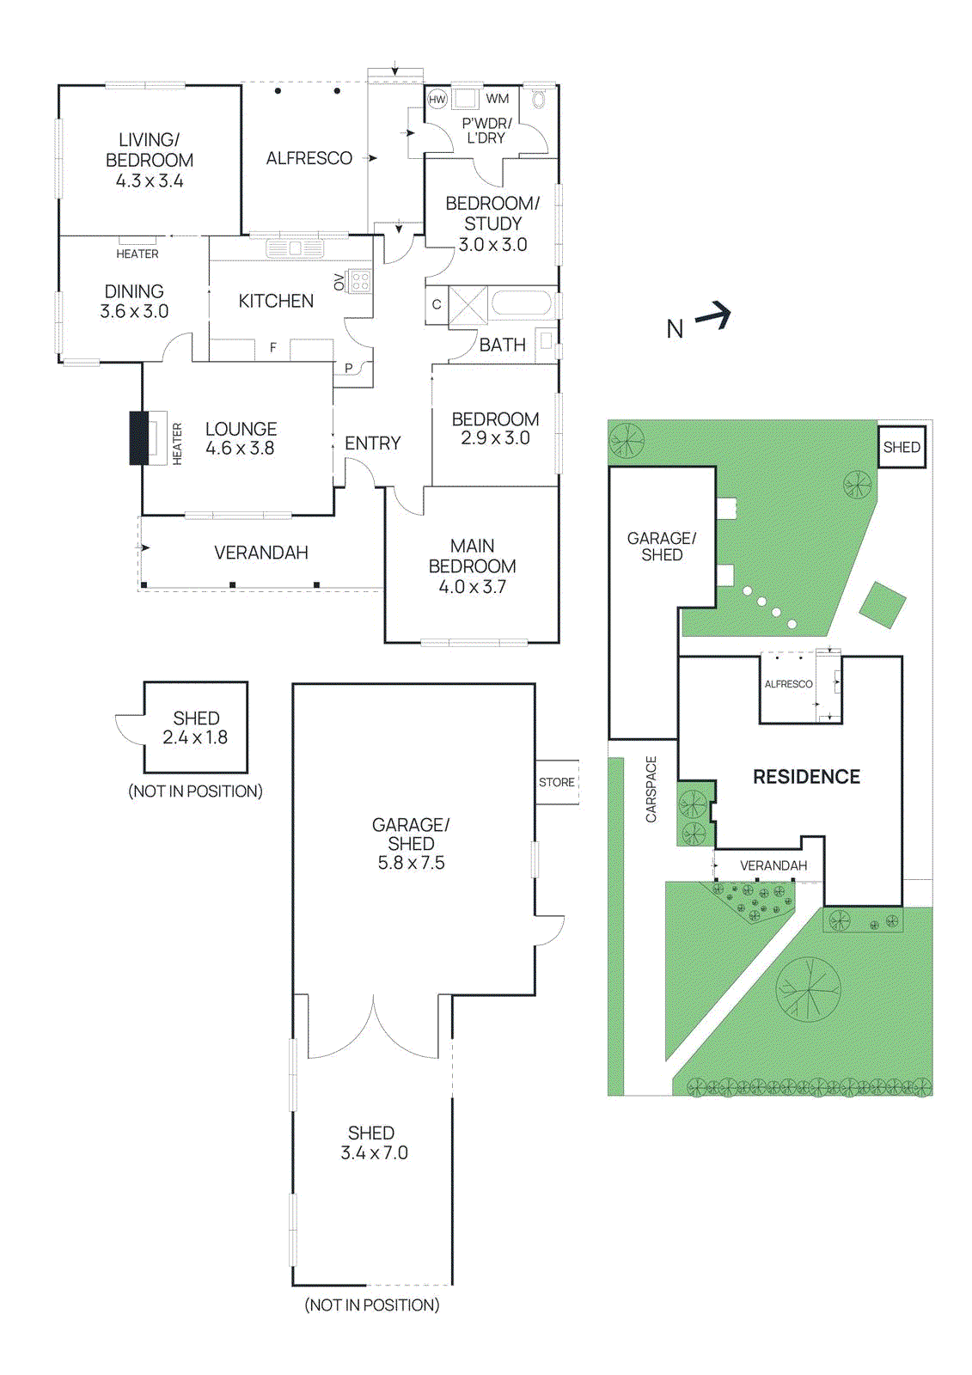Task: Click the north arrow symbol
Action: point(713,317)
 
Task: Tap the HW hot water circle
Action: point(437,100)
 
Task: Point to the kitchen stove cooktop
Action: point(360,281)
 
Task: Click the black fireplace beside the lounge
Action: point(138,438)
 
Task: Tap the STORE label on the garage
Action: point(557,782)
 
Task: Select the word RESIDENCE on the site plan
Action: point(806,777)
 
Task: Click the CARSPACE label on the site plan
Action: point(651,789)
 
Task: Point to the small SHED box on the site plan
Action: point(902,447)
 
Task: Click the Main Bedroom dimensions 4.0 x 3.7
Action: point(472,587)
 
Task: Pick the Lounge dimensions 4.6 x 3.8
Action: point(240,448)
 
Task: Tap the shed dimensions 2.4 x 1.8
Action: point(195,737)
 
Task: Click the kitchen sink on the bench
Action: point(295,248)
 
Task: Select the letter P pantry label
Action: point(348,368)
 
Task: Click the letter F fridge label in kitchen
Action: point(273,347)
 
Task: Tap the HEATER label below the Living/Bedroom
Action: point(138,254)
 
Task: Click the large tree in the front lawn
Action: point(808,989)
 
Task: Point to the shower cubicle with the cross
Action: point(468,305)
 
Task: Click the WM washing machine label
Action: point(498,99)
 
